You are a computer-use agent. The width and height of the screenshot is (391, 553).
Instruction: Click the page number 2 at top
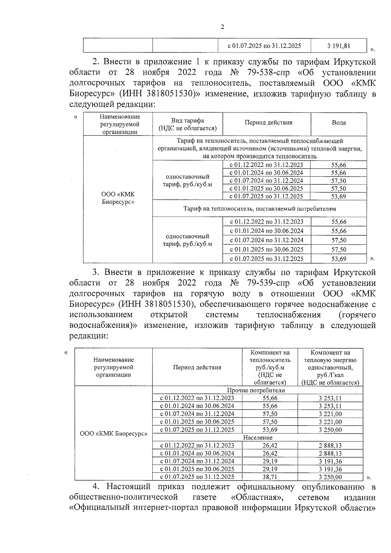tap(223, 27)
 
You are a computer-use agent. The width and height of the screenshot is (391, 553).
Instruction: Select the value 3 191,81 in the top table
tap(339, 46)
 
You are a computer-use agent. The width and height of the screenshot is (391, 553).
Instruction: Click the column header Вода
tap(339, 123)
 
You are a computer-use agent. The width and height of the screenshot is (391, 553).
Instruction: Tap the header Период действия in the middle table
tap(268, 123)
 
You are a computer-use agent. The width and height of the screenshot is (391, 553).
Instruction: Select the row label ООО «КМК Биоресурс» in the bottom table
tap(113, 434)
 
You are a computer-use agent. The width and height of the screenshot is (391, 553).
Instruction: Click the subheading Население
tap(257, 438)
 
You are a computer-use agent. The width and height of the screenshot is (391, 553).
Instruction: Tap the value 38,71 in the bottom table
tap(270, 477)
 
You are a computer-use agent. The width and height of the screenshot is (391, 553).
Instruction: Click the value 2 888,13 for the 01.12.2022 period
tap(330, 445)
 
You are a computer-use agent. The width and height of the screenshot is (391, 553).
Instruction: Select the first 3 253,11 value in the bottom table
tap(330, 398)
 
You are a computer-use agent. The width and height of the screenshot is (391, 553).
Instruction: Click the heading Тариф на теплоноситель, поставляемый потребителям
tap(259, 209)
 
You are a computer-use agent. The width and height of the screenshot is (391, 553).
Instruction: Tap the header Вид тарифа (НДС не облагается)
tap(187, 124)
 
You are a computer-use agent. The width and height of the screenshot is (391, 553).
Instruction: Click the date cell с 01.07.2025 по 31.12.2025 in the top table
tap(264, 46)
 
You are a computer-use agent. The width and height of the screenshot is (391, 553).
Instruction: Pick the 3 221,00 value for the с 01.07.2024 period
tap(330, 414)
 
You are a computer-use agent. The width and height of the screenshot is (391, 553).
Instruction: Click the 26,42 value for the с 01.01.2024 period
tap(270, 453)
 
